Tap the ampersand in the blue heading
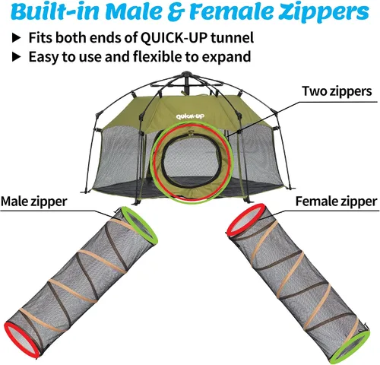click(x=179, y=12)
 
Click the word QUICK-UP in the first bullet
click(x=174, y=38)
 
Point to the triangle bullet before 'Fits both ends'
click(x=17, y=38)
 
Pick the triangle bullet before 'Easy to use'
click(x=17, y=57)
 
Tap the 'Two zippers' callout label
click(x=337, y=91)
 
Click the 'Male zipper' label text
click(x=34, y=202)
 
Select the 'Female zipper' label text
click(x=337, y=202)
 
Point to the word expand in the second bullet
click(x=226, y=57)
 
